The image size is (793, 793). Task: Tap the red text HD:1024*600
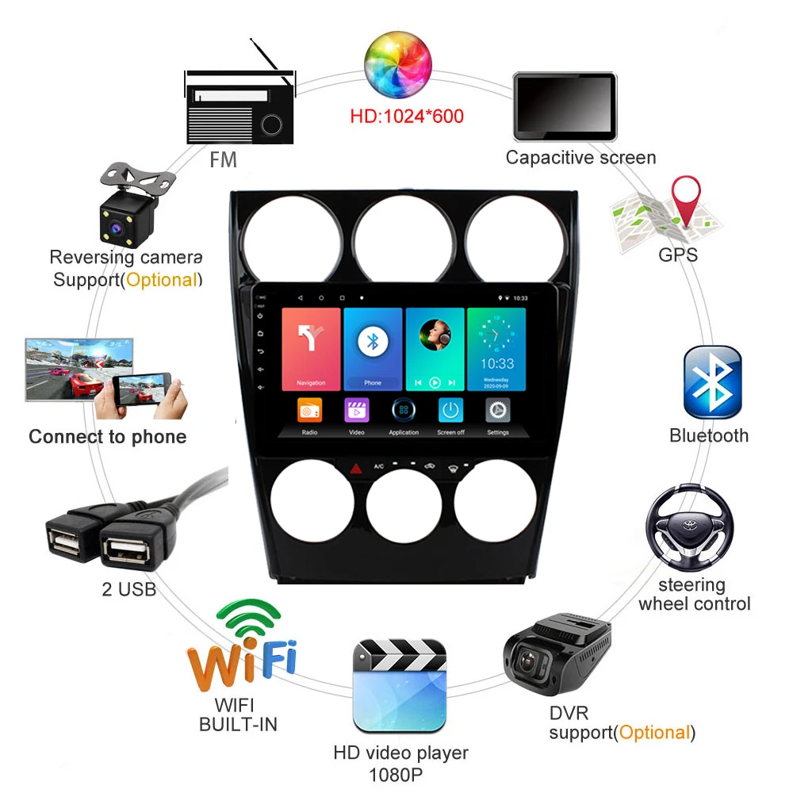406,117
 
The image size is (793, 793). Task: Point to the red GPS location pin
686,198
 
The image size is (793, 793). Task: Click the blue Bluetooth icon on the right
712,382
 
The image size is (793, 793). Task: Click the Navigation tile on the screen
311,350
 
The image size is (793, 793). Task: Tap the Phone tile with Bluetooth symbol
372,350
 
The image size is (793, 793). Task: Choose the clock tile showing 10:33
496,350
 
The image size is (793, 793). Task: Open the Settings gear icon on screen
498,411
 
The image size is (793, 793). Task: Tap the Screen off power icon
450,411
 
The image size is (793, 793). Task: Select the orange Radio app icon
309,411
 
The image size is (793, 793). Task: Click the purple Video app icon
357,411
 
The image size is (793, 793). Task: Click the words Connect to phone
108,437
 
